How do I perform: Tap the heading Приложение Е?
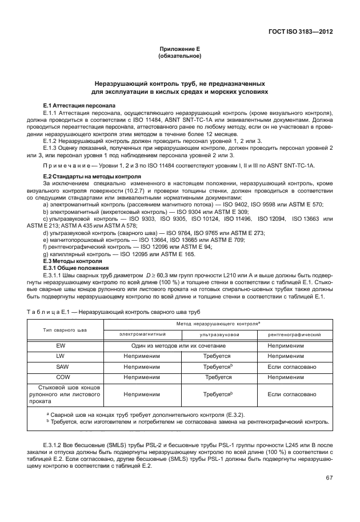179,50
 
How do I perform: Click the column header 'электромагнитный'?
142,334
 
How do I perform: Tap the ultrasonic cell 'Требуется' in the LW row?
218,356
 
